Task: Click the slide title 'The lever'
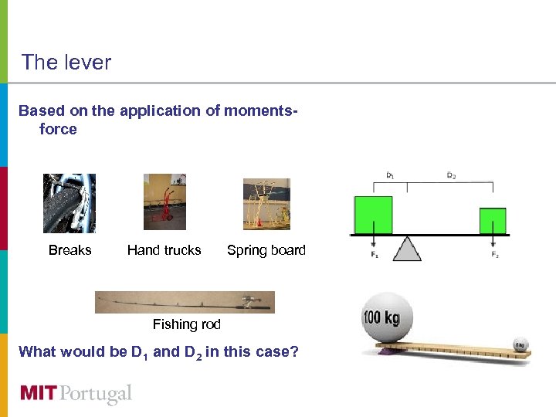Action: (x=66, y=63)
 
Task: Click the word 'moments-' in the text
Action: (x=260, y=110)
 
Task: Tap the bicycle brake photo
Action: (x=69, y=203)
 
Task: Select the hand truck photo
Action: (x=164, y=202)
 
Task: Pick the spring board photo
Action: (x=266, y=204)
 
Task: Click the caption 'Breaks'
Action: (x=69, y=250)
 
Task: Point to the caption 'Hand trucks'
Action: (x=164, y=250)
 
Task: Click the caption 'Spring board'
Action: (x=266, y=250)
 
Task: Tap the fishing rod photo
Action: (x=185, y=302)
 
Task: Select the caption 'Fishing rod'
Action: (x=186, y=324)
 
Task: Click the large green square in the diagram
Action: (x=373, y=215)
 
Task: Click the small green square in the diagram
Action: (x=493, y=220)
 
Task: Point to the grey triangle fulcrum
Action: (x=407, y=249)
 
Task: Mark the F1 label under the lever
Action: (x=375, y=256)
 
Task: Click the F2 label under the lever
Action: (x=494, y=256)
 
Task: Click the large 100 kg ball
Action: (x=387, y=317)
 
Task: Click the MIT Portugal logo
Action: (x=76, y=394)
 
